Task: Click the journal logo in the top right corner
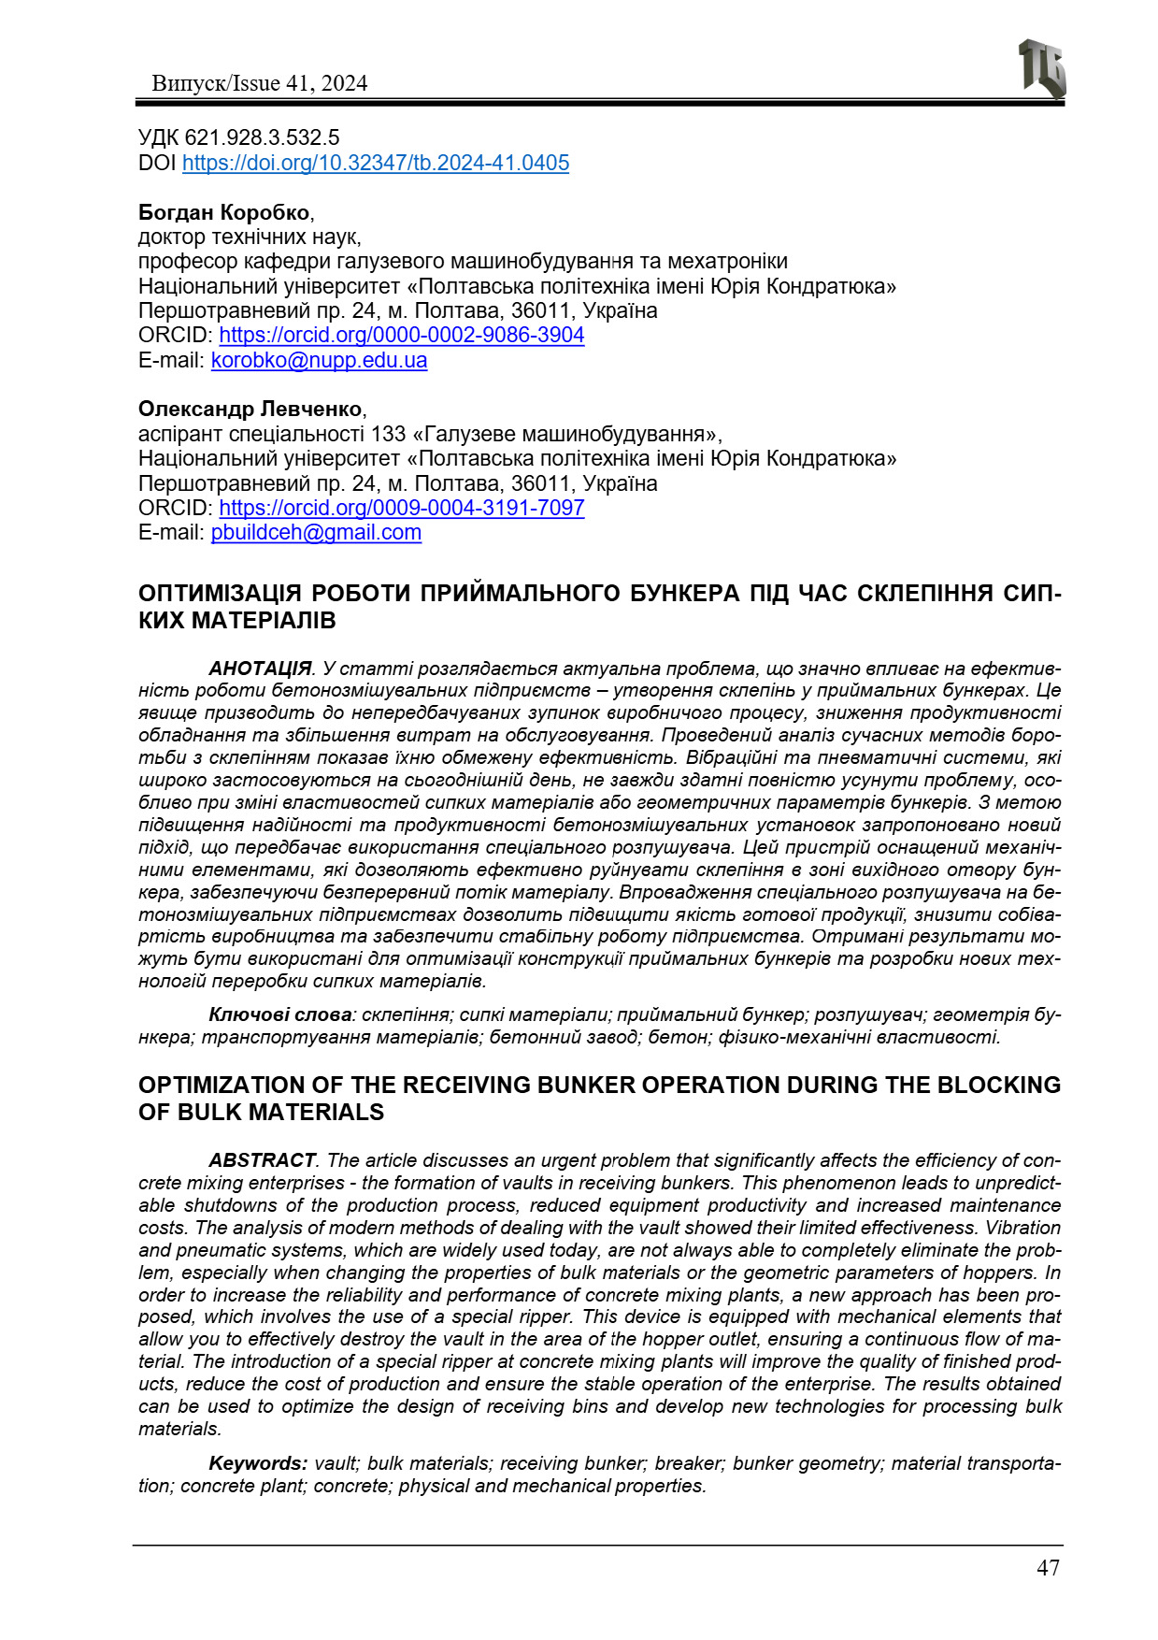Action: (1041, 68)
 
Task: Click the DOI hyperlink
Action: (375, 163)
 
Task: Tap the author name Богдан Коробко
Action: (224, 212)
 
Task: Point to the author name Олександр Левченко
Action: (250, 410)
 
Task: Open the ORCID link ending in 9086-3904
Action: (402, 335)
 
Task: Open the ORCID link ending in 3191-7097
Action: (402, 508)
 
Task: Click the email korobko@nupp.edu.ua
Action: (319, 360)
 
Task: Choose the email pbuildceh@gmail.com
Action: (316, 532)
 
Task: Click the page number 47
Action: (1048, 1568)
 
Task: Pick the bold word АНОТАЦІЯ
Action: (260, 669)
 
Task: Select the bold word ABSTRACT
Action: (262, 1160)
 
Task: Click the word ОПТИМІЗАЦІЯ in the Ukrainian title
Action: (220, 594)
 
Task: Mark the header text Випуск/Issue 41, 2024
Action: (259, 83)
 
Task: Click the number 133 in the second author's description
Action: (389, 434)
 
